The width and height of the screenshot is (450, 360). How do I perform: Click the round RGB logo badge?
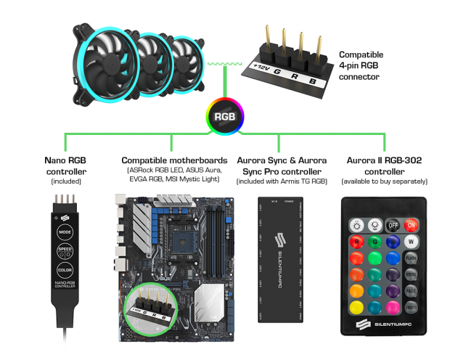(x=224, y=116)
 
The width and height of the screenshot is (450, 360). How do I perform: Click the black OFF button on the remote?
(x=393, y=225)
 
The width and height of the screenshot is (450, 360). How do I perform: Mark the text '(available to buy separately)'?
(x=385, y=181)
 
